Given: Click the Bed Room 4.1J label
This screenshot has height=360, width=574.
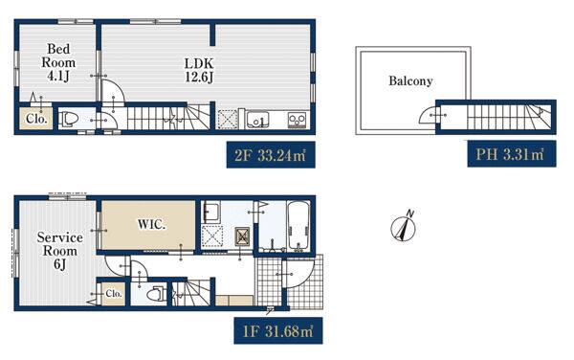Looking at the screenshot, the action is pos(58,62).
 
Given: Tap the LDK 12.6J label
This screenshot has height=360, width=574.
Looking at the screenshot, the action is pos(199,70).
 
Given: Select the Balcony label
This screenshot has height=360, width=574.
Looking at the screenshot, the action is pos(410,80).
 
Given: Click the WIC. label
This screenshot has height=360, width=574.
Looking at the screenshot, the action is pos(151,224).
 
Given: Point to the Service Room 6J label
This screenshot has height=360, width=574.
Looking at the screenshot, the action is pos(59,251).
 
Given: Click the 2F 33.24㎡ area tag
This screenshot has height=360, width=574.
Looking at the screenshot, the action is pos(271,155).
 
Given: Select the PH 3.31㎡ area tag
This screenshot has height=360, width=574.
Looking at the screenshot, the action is pos(512,154).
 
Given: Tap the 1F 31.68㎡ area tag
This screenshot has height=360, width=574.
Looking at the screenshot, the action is pos(278,330).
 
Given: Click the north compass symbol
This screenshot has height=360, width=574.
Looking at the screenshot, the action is pos(404,228).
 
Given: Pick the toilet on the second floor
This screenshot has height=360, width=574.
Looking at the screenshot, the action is pos(69,119).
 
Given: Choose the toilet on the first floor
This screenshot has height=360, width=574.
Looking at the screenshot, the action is pos(156,294).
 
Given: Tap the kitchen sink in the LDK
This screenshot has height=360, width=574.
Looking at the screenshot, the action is pos(257,120).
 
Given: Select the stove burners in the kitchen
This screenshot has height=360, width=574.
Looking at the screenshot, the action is pos(297,120).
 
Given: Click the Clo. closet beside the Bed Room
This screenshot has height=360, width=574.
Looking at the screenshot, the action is pos(35,118).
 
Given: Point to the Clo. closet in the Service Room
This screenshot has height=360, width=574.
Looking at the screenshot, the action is pos(114,293).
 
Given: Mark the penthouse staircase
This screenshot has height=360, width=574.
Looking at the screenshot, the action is pos(509,117).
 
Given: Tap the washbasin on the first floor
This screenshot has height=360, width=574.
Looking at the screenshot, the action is pos(211,212).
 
